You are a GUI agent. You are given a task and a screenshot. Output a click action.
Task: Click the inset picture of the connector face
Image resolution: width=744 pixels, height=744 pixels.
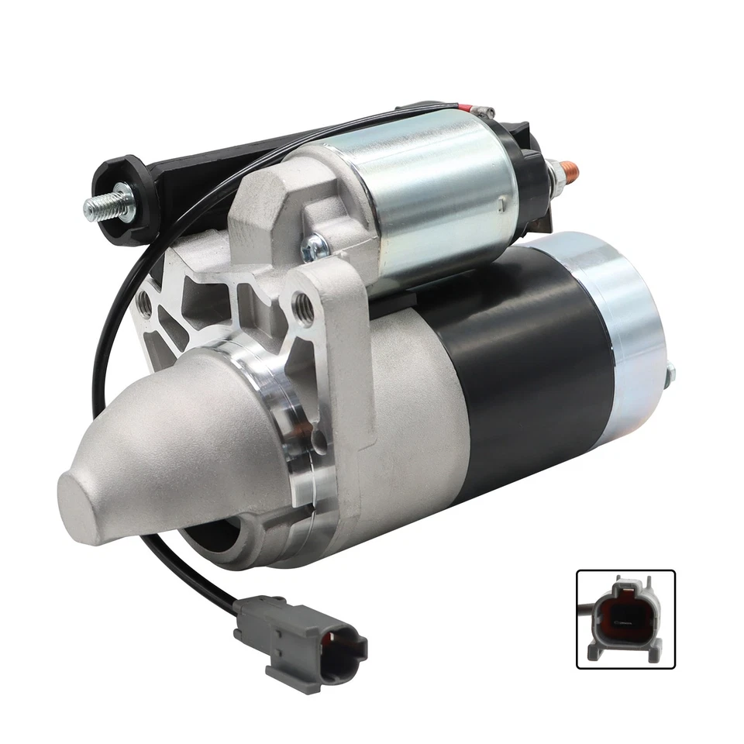(x=625, y=619)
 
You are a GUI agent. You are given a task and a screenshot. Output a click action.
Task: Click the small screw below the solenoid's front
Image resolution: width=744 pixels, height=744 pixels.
(x=314, y=248)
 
